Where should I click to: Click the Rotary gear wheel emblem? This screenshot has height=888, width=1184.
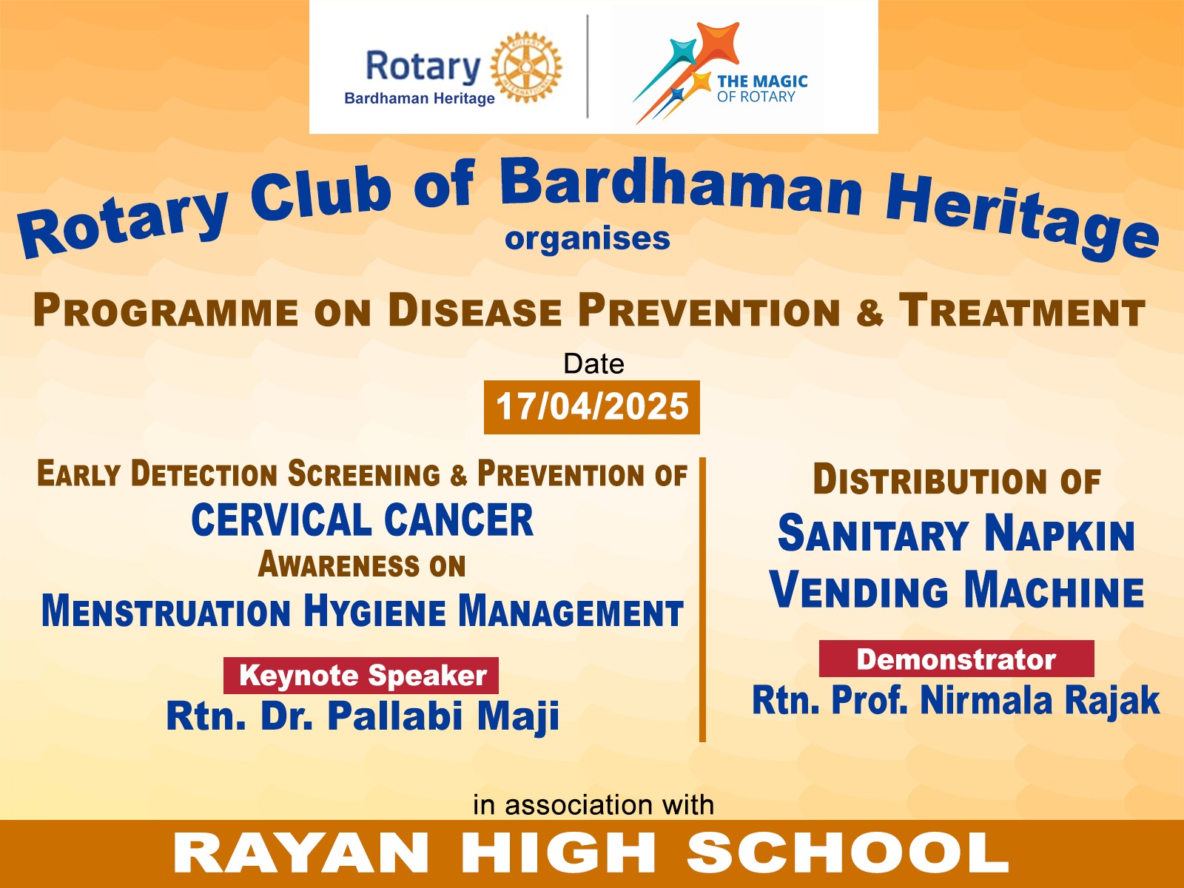[x=526, y=67]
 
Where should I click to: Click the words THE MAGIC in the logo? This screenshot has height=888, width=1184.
[x=762, y=81]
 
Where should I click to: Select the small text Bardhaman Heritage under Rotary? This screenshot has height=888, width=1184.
[x=419, y=98]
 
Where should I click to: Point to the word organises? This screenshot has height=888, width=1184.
[x=588, y=238]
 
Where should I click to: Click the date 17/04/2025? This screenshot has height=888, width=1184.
[x=592, y=407]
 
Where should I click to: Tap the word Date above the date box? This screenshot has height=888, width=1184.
[x=594, y=364]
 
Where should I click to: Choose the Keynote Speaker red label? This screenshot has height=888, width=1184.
[x=361, y=676]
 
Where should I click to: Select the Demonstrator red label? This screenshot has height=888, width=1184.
[x=956, y=659]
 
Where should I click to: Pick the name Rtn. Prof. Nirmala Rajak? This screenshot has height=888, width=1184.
[x=956, y=701]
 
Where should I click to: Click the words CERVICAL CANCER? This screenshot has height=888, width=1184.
[x=363, y=519]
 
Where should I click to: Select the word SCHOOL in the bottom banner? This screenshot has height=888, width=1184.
[x=847, y=854]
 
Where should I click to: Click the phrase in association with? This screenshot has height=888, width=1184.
[x=593, y=805]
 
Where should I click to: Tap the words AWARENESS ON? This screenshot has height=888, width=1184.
[x=362, y=565]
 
